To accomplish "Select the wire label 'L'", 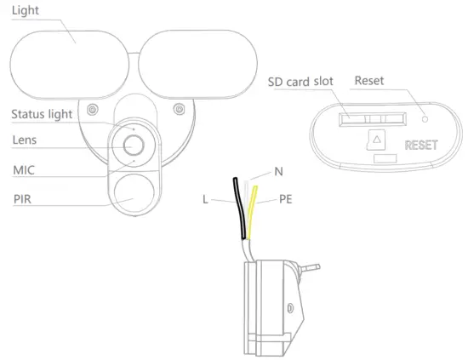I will point(207,202).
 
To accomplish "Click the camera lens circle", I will point(133,147).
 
